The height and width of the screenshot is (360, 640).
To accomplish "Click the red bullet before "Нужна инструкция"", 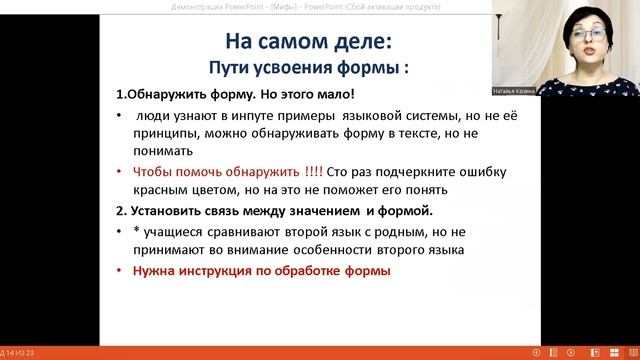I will [121, 271].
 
